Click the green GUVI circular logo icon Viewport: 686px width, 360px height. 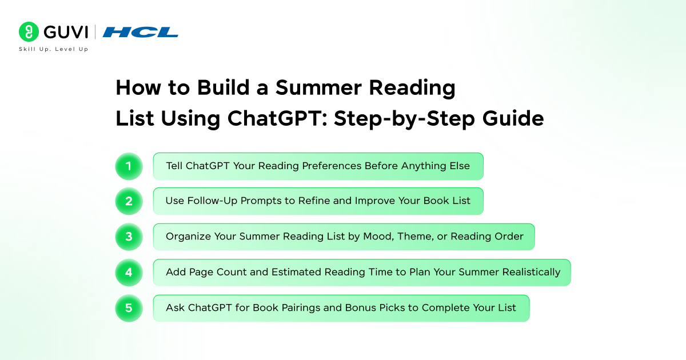29,32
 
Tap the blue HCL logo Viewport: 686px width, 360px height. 141,32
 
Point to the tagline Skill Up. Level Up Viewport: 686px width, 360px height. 54,49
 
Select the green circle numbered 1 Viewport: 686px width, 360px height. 129,166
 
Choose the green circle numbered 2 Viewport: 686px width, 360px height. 129,201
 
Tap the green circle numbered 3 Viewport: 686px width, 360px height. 129,237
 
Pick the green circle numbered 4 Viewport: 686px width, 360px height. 129,273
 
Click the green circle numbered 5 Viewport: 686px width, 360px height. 129,308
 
